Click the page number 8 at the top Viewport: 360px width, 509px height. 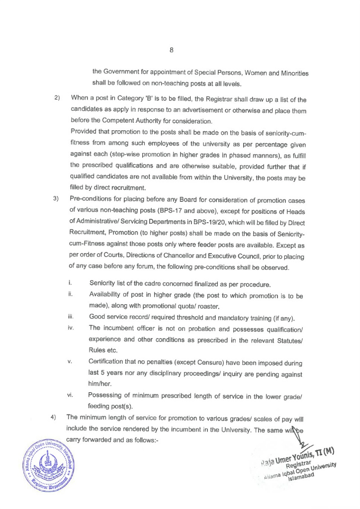(172, 50)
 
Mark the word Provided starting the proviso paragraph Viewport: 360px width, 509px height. (85, 132)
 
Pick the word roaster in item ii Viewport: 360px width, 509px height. (218, 306)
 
